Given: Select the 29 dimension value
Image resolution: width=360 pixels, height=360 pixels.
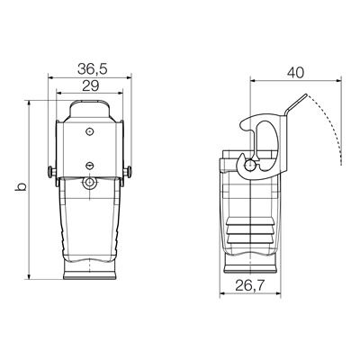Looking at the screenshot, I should (x=89, y=85).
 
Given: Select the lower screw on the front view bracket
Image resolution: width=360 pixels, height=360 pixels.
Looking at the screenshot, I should (x=89, y=164).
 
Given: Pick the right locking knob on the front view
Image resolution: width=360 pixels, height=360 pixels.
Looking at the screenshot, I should (x=131, y=172).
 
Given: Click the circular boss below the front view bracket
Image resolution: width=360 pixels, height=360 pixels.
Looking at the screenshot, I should (x=89, y=184).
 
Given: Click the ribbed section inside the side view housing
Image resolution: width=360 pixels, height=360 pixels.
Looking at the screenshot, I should (x=248, y=229).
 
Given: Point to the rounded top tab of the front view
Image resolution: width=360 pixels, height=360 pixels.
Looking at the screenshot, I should (x=89, y=109).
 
